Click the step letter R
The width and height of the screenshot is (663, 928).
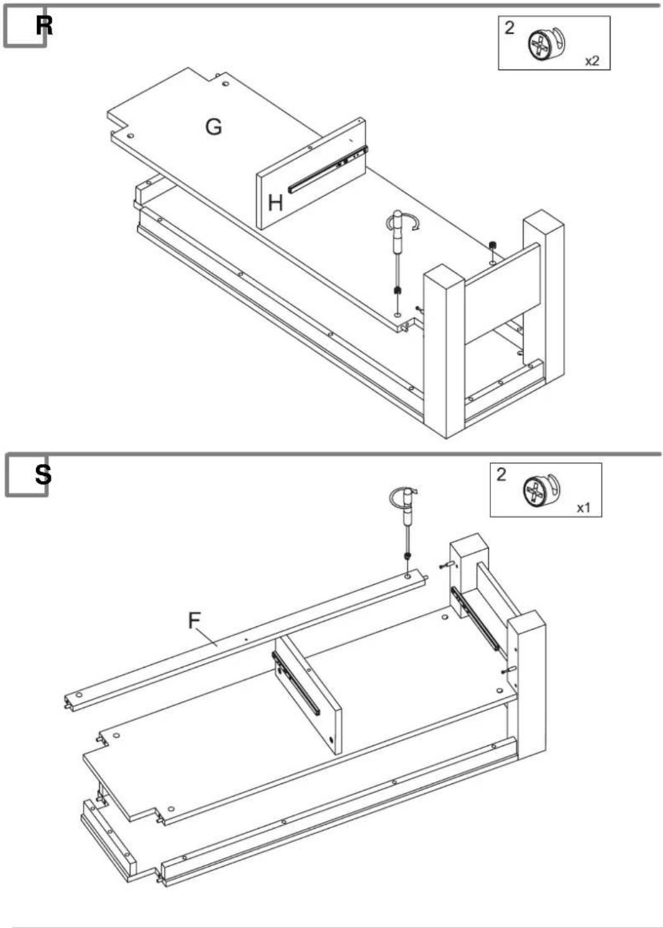tap(44, 26)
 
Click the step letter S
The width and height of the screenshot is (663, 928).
tap(43, 475)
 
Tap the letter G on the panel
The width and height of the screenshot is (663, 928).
tap(214, 126)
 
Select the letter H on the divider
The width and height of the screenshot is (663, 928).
tap(276, 204)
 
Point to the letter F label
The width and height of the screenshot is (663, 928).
tap(194, 620)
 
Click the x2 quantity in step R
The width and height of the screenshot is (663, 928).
tap(592, 61)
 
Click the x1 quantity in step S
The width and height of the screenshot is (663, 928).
tap(583, 508)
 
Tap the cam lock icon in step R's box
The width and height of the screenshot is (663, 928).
tap(547, 44)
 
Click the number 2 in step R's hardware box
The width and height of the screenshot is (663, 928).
tap(509, 28)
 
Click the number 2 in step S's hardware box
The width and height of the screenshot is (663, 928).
tap(501, 475)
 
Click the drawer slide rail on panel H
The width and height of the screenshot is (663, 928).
tap(328, 169)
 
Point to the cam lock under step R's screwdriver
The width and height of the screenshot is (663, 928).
tap(397, 290)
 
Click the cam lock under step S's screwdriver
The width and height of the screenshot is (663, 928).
tap(407, 556)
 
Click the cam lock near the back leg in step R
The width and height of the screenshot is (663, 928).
tap(492, 245)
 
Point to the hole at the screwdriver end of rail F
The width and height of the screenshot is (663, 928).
tap(408, 577)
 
